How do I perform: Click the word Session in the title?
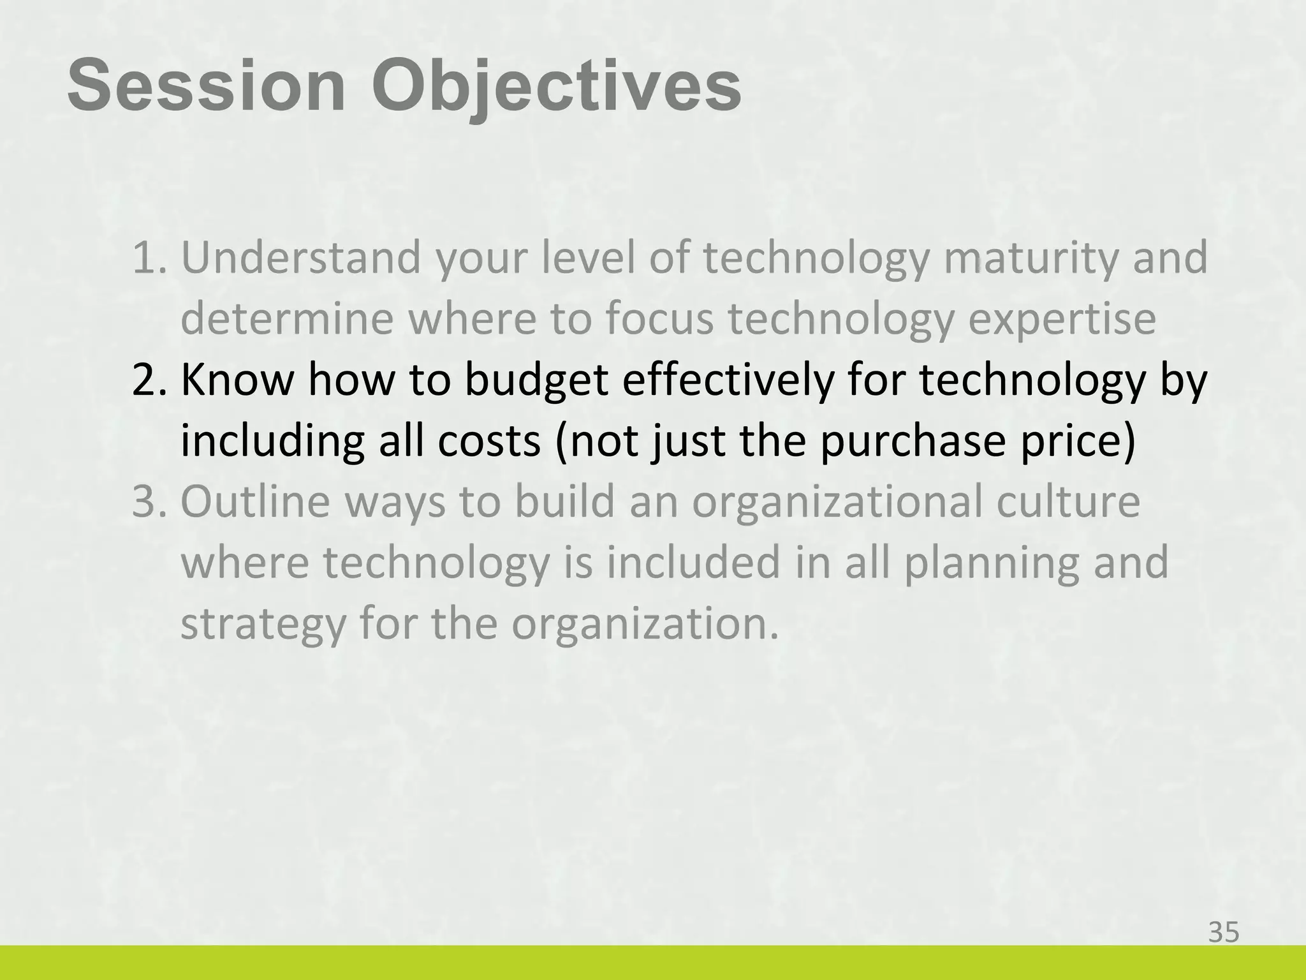[x=206, y=85]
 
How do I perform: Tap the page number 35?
[x=1224, y=933]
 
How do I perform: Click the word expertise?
[x=1062, y=319]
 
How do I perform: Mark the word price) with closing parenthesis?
[x=1078, y=442]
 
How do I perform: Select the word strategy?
[x=263, y=625]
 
